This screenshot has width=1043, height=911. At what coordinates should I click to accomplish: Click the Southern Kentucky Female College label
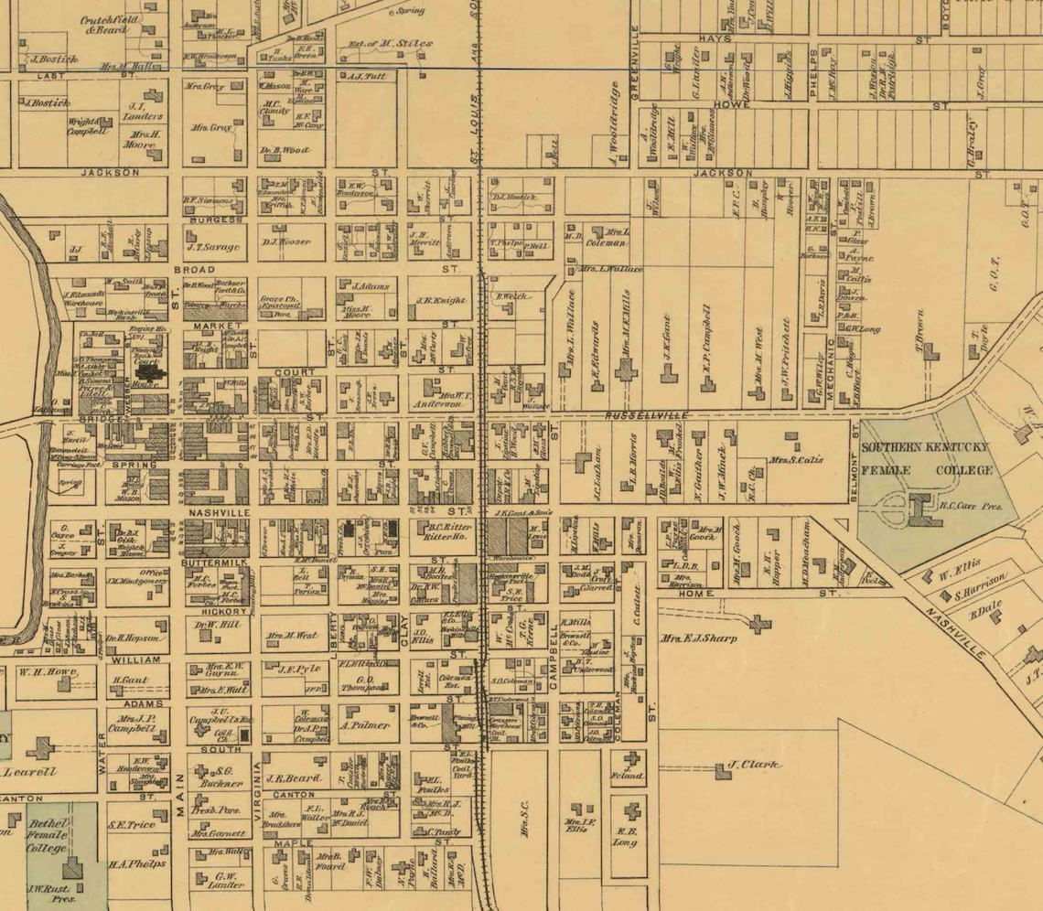coord(927,458)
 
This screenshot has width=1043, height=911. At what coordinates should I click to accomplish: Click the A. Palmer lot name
coord(366,725)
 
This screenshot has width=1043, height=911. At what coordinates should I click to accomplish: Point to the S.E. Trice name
coord(132,825)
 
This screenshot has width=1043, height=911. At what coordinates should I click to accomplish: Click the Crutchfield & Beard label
coord(108,25)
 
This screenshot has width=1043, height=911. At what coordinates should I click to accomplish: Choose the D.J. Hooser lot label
coord(285,242)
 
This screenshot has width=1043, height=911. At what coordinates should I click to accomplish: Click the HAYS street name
coord(711,40)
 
